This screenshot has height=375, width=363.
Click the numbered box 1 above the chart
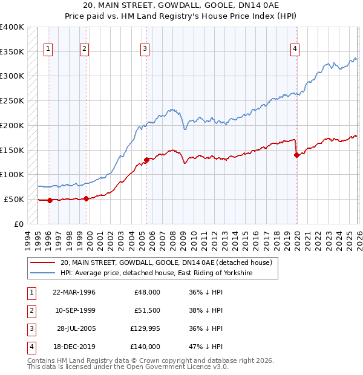[48, 50]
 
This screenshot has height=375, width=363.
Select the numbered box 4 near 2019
[295, 50]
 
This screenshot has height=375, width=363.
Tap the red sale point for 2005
[146, 160]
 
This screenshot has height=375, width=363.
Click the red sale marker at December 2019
[296, 155]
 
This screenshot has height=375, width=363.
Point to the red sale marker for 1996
[50, 200]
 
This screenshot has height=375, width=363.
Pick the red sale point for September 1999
[86, 198]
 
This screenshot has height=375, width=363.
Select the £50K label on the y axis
[15, 199]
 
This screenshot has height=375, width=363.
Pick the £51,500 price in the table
[147, 310]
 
